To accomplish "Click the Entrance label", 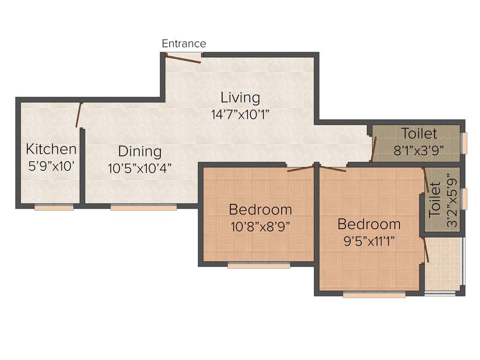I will [x=184, y=44].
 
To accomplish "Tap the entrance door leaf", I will [x=183, y=59].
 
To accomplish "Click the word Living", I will [x=240, y=97].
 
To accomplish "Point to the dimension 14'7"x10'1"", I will [x=240, y=114].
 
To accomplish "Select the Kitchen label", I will [x=51, y=149].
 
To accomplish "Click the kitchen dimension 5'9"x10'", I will [x=51, y=166].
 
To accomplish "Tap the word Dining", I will [x=140, y=151].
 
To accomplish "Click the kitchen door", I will [x=79, y=115].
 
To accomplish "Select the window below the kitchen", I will [x=54, y=207].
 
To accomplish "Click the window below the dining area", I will [x=143, y=207].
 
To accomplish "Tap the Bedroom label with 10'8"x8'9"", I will [x=260, y=209].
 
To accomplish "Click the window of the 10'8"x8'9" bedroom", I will [x=259, y=265].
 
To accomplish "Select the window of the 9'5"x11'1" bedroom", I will [x=374, y=295].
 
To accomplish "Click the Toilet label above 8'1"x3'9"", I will [x=419, y=134].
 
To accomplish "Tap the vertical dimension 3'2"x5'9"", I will [x=451, y=201].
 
